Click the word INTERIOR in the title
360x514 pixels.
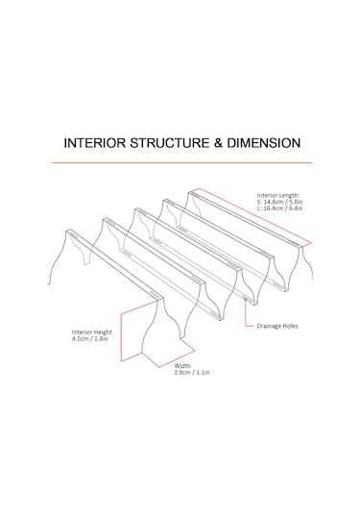coord(95,143)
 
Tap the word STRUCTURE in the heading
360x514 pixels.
coord(170,143)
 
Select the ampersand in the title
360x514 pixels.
coord(219,143)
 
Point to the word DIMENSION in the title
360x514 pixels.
coord(264,143)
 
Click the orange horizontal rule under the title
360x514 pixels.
coord(181,162)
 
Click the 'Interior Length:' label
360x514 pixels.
coord(278,195)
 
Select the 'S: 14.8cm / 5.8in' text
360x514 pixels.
coord(279,202)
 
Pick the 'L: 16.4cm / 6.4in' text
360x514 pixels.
coord(279,208)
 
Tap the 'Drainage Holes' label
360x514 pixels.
coord(277,326)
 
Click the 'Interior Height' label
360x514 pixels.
coord(92,332)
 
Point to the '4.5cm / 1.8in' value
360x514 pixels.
coord(89,338)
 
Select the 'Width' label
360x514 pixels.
coord(182,366)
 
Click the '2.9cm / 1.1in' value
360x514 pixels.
coord(192,373)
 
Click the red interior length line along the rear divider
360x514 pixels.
coord(255,216)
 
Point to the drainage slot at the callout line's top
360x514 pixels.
coord(246,298)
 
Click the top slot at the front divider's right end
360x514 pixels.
coord(154,293)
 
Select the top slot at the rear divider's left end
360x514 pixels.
coord(194,195)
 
